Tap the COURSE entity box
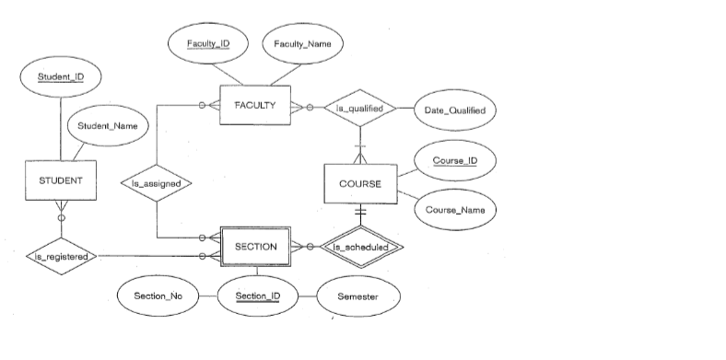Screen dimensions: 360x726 coord(360,183)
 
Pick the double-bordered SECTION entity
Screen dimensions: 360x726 coord(255,247)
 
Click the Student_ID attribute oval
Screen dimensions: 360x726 coord(62,76)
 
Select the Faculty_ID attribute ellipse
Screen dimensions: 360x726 coord(207,44)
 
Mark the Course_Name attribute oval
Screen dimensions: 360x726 coord(455,210)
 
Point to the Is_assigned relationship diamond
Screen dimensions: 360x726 coord(157,182)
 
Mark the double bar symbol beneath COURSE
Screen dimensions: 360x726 coord(361,213)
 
